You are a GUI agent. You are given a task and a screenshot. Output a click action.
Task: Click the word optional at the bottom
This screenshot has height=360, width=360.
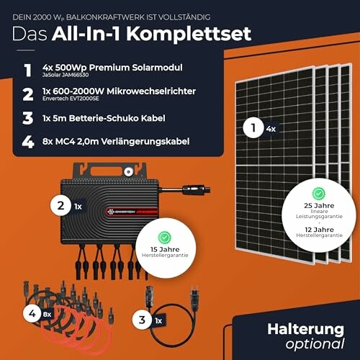pos(315,345)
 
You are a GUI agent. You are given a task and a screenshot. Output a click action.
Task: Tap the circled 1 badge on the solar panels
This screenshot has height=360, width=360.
pos(253,127)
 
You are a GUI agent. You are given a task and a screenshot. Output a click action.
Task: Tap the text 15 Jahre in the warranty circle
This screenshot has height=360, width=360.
pos(165,250)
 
